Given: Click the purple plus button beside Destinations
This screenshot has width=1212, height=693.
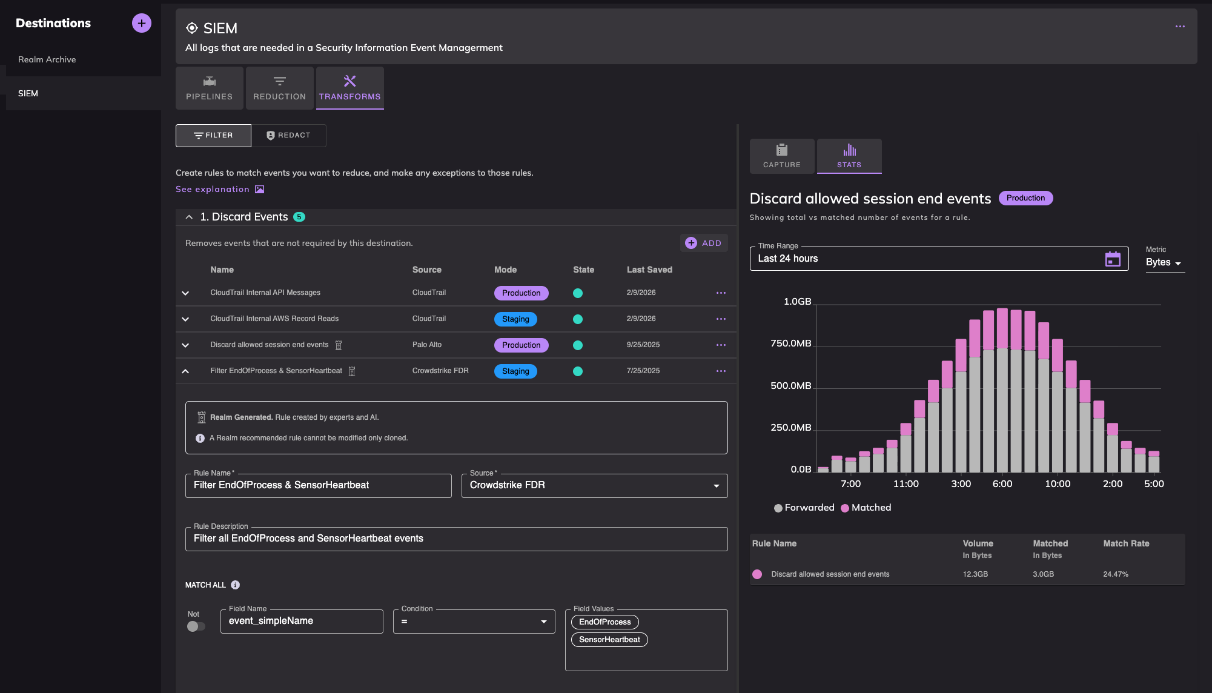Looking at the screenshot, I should [141, 23].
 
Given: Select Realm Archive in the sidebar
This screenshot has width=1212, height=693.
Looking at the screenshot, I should [47, 59].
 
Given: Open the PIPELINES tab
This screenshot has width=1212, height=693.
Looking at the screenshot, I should [209, 88].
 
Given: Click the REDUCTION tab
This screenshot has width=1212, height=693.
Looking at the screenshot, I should [279, 88].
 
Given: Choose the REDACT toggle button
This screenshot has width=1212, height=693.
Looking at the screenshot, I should [288, 136].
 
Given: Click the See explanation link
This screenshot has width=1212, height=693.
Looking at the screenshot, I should [213, 190].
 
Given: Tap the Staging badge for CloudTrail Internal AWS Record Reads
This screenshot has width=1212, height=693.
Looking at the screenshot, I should [515, 319].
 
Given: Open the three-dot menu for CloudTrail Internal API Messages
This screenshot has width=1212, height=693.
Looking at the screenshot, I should [720, 293].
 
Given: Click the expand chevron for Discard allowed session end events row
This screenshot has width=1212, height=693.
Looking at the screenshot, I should [185, 345].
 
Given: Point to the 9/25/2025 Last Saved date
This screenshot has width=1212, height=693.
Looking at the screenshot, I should [643, 345].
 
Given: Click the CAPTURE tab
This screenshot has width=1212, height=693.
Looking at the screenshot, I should [781, 156].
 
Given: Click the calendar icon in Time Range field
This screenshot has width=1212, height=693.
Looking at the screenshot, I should [1112, 259].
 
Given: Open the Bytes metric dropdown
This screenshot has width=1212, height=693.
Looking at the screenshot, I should [1164, 262].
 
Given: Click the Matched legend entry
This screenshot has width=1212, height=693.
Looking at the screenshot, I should [866, 508].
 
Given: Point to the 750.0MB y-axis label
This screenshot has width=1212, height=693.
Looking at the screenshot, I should [790, 343].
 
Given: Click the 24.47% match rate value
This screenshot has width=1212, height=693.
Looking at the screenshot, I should [1115, 574].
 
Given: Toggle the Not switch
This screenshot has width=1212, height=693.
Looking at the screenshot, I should [196, 626].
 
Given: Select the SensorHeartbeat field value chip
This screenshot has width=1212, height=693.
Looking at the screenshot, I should [609, 640].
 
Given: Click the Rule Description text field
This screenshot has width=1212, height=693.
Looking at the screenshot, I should [455, 539].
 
